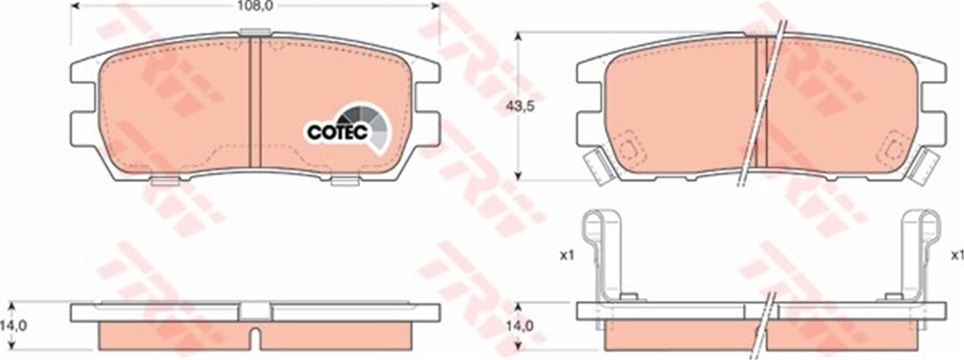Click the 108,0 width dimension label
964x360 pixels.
(x=255, y=6)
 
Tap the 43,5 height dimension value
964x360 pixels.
(x=520, y=106)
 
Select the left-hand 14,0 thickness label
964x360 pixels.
(x=14, y=326)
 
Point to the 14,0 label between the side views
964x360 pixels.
(x=520, y=326)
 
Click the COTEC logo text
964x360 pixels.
(x=337, y=133)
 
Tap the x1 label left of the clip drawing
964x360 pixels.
(x=567, y=256)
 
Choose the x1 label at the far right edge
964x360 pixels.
(x=957, y=256)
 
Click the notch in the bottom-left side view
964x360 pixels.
(x=255, y=337)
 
